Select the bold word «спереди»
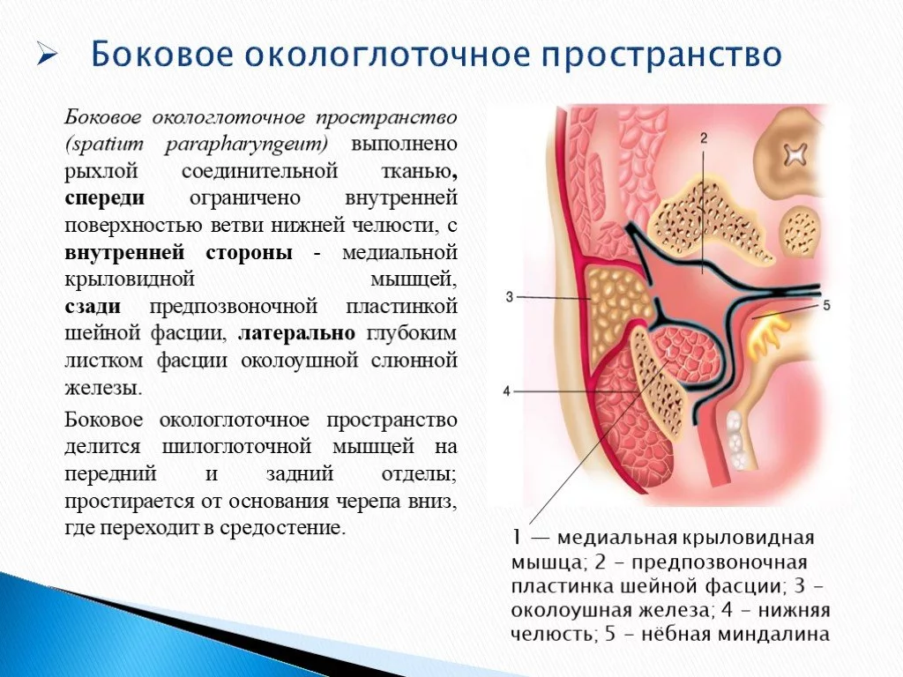(104, 198)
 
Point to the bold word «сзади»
(93, 306)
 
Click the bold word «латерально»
(296, 332)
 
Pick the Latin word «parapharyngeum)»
(246, 145)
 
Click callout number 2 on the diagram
(703, 138)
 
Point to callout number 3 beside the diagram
(509, 297)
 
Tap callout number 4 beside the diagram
(507, 391)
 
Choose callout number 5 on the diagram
(826, 305)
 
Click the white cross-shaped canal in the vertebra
(795, 153)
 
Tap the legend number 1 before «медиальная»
(517, 538)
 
